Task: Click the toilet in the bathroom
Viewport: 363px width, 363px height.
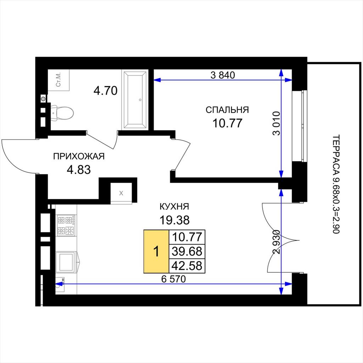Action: pos(62,113)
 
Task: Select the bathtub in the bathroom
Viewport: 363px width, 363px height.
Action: pos(135,100)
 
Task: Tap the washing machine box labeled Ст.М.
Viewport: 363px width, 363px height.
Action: pos(58,80)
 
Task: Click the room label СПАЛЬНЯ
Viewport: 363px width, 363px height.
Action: pos(227,110)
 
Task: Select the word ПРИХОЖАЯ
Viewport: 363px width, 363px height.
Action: pos(79,156)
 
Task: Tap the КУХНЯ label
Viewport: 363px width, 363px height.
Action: pos(174,207)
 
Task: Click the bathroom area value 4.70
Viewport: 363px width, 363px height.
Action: pos(106,91)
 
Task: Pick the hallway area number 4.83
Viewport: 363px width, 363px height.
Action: pos(79,170)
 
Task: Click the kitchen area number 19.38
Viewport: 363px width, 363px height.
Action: pos(174,220)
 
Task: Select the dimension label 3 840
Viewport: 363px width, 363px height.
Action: pos(223,75)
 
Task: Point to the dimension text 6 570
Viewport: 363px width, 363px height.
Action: pos(173,279)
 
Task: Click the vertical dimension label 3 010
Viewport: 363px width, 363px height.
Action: pos(277,123)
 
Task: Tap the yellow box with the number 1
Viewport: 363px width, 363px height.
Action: pos(156,251)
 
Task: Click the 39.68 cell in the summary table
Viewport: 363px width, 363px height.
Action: pos(187,251)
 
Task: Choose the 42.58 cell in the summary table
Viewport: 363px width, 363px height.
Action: pos(187,266)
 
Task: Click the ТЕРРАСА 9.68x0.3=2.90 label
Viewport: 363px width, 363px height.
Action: pos(336,184)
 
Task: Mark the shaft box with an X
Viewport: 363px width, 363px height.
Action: pos(121,193)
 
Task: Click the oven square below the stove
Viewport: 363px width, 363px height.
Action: pos(66,262)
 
